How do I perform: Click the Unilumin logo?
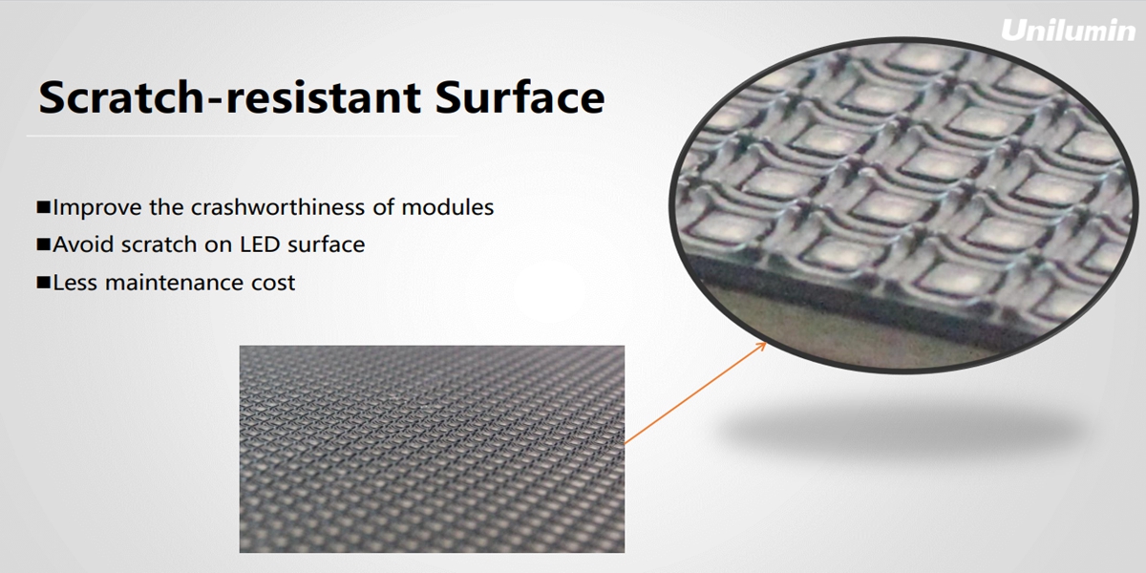[x=1068, y=31]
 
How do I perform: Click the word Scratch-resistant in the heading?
[x=230, y=97]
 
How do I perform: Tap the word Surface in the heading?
[x=520, y=96]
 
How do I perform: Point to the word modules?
[x=448, y=208]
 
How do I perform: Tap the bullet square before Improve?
[x=44, y=207]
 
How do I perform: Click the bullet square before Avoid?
[x=44, y=244]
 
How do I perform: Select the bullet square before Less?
[x=44, y=283]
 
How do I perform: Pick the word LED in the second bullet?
[x=260, y=244]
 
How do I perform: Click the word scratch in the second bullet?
[x=159, y=244]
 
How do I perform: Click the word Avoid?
[x=83, y=244]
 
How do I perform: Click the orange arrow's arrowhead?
[x=761, y=347]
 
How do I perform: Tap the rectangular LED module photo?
[x=432, y=449]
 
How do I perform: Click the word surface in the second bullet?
[x=327, y=244]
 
